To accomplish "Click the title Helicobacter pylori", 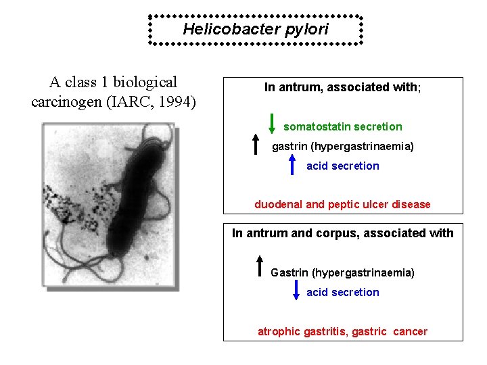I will (256, 29).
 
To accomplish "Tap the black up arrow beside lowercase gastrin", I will (256, 144).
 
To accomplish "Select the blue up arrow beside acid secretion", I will (292, 164).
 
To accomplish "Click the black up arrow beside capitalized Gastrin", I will (259, 266).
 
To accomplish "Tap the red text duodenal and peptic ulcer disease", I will (342, 204).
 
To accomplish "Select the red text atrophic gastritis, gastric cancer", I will (342, 331).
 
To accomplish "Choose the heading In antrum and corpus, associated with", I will (342, 233).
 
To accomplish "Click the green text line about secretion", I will (342, 126).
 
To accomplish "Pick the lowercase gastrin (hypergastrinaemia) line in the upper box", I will (342, 146).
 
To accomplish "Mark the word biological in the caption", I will (145, 82).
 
